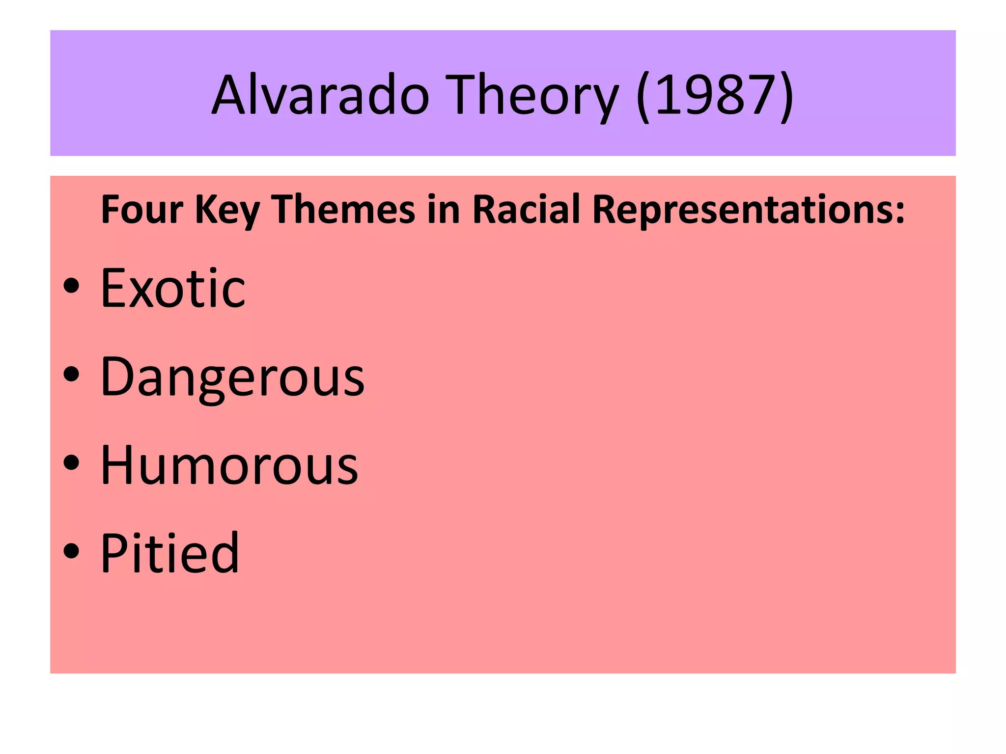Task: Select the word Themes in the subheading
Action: coord(343,210)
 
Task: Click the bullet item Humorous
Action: coord(229,465)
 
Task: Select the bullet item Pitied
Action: coord(170,553)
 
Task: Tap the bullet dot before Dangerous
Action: coord(71,374)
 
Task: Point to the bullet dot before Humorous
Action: coord(71,462)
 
